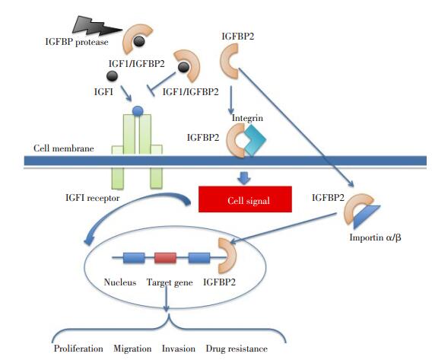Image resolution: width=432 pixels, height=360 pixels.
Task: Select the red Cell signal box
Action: pos(245,199)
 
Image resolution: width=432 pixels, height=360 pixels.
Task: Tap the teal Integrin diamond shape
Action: pos(255,140)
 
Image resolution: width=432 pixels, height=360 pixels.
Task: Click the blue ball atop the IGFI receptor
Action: pos(138,111)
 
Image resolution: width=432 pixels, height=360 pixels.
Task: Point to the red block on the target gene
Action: pos(165,258)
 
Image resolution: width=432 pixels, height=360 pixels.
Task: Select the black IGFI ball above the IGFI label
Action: pos(112,76)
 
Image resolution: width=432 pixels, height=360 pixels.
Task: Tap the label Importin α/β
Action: pos(375,237)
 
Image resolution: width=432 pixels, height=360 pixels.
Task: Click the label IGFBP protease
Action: pos(77,42)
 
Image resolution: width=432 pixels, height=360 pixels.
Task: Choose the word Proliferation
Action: pos(78,349)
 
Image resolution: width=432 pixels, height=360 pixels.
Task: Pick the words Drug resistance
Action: pos(237,349)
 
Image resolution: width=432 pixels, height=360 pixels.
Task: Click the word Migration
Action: pos(132,349)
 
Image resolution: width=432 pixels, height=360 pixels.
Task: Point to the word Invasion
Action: pos(179,349)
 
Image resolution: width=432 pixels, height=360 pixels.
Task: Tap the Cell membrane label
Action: pos(64,148)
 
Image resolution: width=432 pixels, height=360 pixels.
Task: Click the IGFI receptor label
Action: pos(93,198)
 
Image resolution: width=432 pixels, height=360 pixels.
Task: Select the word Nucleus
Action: pos(120,282)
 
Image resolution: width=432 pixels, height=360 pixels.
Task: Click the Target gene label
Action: pos(170,282)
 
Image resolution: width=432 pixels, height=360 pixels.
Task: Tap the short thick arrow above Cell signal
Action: pos(244,178)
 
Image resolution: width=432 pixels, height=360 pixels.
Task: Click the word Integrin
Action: pos(247,118)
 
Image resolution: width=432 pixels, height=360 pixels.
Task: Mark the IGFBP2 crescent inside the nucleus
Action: pos(229,256)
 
